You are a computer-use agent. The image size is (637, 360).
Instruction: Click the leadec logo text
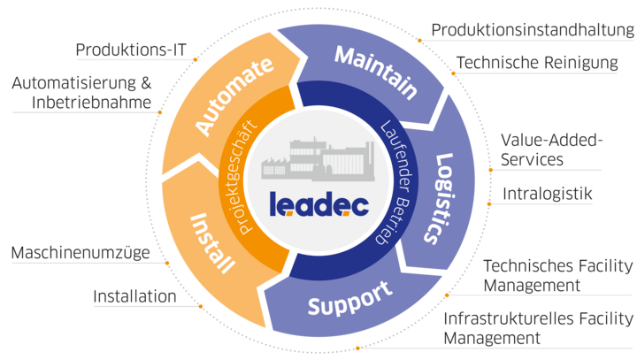[318, 203]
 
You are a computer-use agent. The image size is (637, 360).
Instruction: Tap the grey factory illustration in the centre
[318, 159]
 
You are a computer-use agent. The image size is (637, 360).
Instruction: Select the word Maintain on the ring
[376, 73]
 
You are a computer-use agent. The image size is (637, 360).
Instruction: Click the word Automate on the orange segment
[234, 96]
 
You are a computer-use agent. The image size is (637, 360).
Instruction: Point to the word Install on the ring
[212, 243]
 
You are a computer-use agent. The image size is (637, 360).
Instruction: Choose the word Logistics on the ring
[439, 199]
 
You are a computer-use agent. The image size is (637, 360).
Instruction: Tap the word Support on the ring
[350, 299]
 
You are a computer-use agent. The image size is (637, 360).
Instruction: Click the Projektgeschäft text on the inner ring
[242, 177]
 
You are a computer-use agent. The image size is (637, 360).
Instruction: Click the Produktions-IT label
[131, 50]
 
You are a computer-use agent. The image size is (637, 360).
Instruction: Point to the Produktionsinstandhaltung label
[533, 30]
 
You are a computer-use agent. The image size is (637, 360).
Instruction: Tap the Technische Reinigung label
[537, 63]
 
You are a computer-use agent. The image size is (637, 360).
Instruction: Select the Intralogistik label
[548, 194]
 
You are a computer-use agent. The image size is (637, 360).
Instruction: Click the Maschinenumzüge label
[81, 253]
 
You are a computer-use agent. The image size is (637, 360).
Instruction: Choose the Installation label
[134, 296]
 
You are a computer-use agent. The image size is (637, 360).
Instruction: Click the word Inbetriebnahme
[91, 102]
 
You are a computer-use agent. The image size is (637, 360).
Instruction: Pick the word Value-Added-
[551, 140]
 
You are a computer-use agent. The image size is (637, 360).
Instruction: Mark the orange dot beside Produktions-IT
[196, 60]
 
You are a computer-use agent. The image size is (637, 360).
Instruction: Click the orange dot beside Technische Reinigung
[453, 73]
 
